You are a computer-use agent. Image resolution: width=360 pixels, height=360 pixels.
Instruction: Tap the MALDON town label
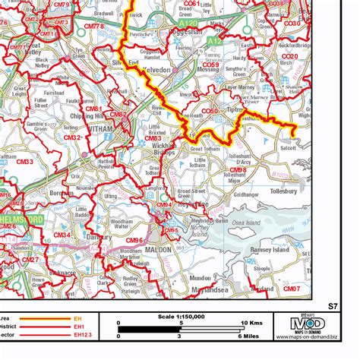[x=158, y=248]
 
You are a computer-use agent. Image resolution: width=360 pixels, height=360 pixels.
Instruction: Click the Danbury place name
[x=91, y=237]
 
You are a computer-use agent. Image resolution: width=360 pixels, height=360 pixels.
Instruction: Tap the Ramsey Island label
[x=270, y=248]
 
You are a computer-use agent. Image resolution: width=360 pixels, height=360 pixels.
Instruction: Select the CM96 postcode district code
[x=134, y=241]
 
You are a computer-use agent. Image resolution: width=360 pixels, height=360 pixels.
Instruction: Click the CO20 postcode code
[x=289, y=56]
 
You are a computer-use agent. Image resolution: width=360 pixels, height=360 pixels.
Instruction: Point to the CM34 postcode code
[x=61, y=235]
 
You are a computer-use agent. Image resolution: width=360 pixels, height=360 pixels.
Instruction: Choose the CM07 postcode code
[x=291, y=289]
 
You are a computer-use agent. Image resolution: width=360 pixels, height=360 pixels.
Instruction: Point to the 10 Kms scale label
[x=251, y=322]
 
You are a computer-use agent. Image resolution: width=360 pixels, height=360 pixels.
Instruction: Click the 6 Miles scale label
[x=248, y=336]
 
